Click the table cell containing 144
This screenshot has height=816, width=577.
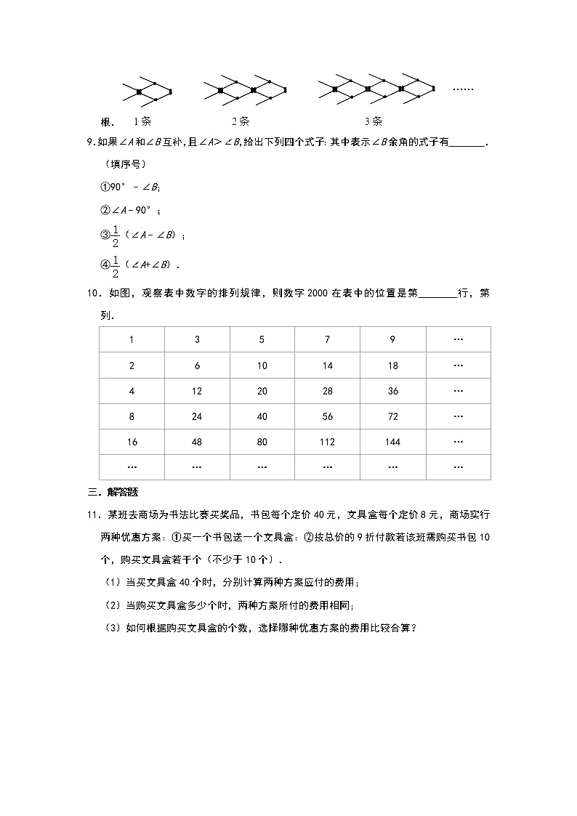pyautogui.click(x=393, y=442)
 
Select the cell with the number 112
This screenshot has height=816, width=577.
pyautogui.click(x=328, y=442)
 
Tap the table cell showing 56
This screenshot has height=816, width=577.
pyautogui.click(x=328, y=416)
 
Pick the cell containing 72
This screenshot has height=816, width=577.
pyautogui.click(x=393, y=416)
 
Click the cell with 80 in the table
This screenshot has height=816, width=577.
pyautogui.click(x=262, y=442)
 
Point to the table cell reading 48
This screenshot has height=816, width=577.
pyautogui.click(x=197, y=442)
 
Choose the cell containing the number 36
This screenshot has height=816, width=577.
pyautogui.click(x=393, y=391)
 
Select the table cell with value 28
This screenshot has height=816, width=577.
pyautogui.click(x=328, y=391)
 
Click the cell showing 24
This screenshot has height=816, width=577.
pyautogui.click(x=197, y=416)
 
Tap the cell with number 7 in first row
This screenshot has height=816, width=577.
pyautogui.click(x=328, y=340)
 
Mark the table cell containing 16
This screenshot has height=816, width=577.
pyautogui.click(x=132, y=442)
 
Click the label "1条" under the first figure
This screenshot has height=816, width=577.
pyautogui.click(x=142, y=121)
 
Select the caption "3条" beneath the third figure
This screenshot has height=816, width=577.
pyautogui.click(x=374, y=121)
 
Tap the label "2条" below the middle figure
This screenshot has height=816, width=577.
pyautogui.click(x=241, y=121)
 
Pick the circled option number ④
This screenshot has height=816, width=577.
pyautogui.click(x=104, y=264)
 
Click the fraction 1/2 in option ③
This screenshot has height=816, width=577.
pyautogui.click(x=115, y=236)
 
